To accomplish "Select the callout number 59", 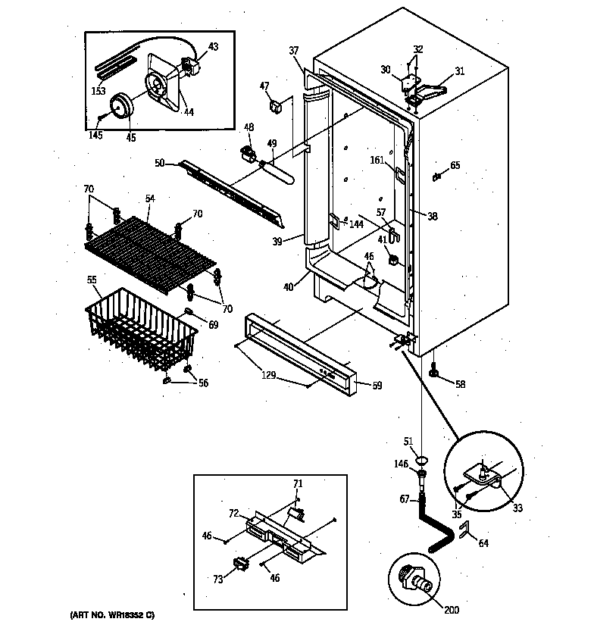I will click(x=377, y=386).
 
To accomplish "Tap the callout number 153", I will click(x=98, y=91).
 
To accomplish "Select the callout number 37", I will click(x=294, y=50).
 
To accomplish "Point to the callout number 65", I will click(x=455, y=165).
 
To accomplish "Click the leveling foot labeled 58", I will click(x=435, y=371).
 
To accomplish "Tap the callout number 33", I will click(x=517, y=508).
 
